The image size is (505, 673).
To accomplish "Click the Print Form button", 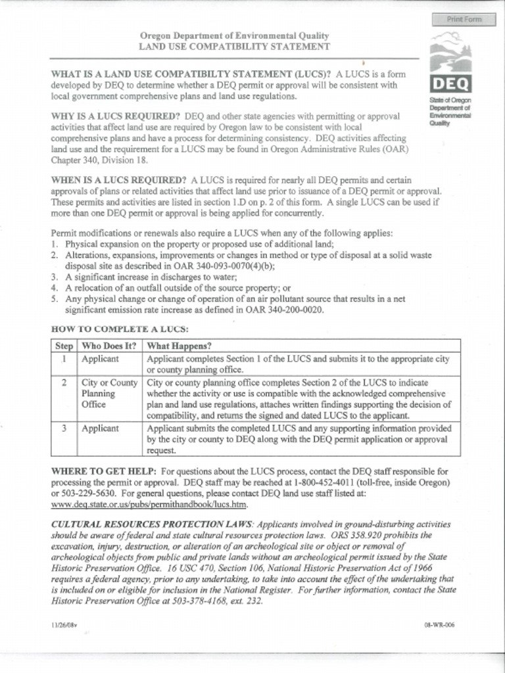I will click(x=464, y=19).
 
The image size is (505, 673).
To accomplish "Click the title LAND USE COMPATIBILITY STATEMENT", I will click(x=234, y=47).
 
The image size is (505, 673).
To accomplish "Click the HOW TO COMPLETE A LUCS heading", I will click(x=120, y=329).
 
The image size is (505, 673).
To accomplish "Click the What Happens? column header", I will click(x=179, y=346).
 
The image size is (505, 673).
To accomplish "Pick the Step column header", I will click(x=64, y=346).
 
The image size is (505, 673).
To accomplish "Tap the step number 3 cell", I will click(x=64, y=429).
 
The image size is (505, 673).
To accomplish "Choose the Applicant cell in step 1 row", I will click(x=100, y=360).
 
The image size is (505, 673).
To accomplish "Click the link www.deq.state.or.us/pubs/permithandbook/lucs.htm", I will click(x=149, y=505).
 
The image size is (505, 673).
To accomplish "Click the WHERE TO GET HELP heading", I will click(x=104, y=471).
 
